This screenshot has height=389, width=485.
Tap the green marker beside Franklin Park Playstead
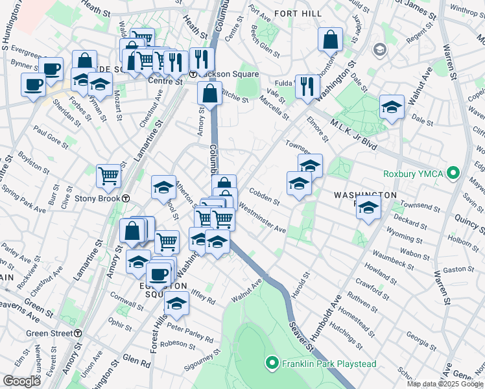pos(273,363)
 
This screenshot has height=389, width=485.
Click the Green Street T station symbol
pos(78,333)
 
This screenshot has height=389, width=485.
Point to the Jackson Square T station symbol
pos(193,74)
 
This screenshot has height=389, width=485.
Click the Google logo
pos(22,381)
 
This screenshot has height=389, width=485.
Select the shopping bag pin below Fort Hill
pos(331,40)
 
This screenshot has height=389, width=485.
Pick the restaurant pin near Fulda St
pos(307,86)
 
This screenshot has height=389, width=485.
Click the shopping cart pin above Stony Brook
pos(109,175)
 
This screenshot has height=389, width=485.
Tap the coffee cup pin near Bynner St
pos(51,68)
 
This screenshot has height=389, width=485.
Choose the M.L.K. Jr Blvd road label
pos(353,134)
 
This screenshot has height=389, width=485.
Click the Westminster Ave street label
pos(262,219)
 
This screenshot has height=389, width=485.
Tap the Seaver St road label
pos(302,335)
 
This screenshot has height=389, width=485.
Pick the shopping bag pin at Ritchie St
pos(209,93)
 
